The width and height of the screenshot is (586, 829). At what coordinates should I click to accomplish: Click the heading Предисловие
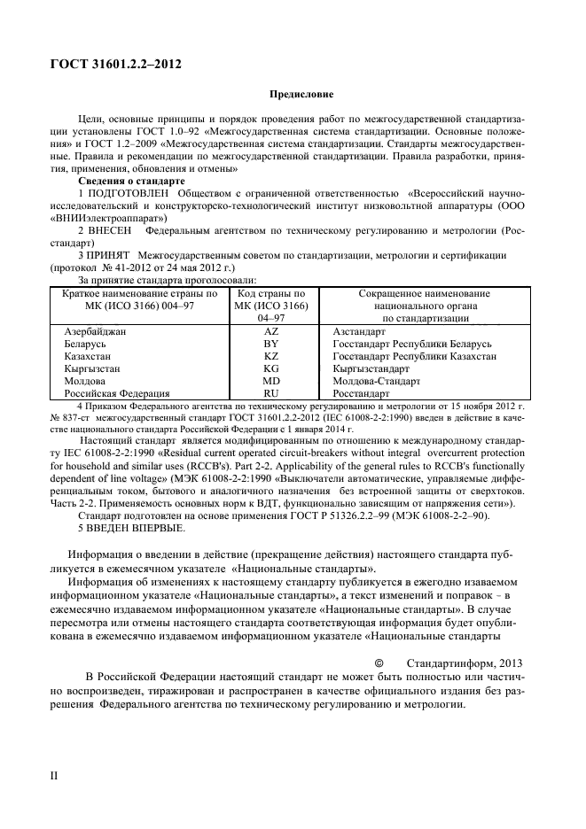click(301, 95)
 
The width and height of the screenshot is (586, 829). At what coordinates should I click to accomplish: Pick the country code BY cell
click(271, 345)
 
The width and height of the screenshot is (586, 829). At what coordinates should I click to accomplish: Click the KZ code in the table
click(271, 356)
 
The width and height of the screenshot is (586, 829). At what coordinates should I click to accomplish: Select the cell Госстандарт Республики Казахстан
click(414, 356)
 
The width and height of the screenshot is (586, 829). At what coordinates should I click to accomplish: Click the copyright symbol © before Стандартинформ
click(379, 662)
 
